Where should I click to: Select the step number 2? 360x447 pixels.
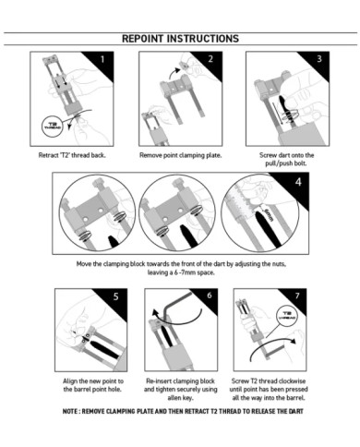point(210,59)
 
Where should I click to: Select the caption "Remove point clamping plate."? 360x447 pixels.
point(180,154)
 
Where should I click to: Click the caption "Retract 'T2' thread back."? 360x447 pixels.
point(73,154)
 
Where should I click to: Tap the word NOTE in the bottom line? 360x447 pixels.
point(73,410)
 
